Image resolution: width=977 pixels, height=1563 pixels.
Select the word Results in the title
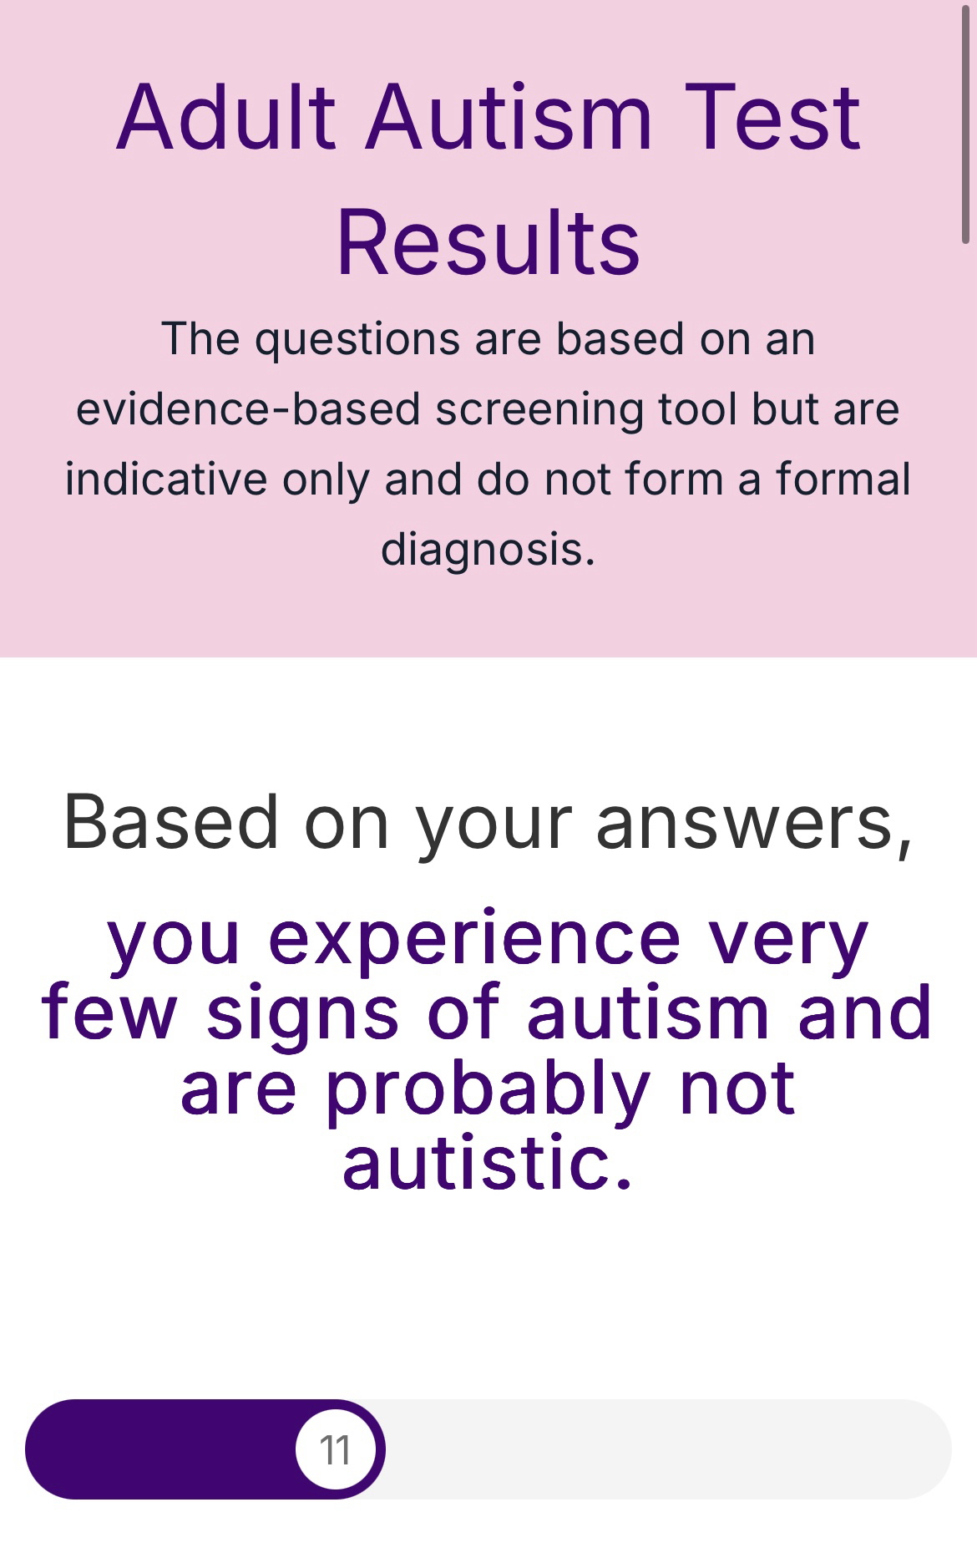[x=488, y=242]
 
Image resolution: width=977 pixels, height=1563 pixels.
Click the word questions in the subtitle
[x=357, y=340]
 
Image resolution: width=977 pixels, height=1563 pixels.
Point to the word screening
[x=539, y=410]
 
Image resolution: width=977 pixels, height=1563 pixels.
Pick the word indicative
[x=166, y=479]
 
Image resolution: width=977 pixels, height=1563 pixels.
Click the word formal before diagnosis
[x=843, y=479]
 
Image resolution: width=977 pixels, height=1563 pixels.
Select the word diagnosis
[x=488, y=551]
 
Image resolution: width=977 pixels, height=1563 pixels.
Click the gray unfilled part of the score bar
[x=668, y=1449]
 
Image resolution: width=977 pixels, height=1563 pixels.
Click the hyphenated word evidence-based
[x=248, y=409]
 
